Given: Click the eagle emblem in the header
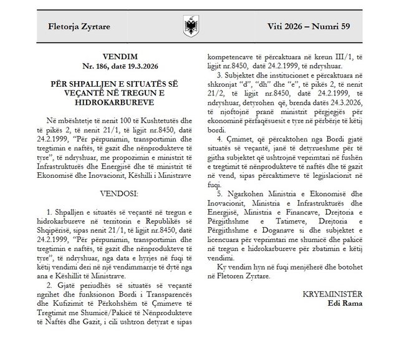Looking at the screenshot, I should pos(190,27).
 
